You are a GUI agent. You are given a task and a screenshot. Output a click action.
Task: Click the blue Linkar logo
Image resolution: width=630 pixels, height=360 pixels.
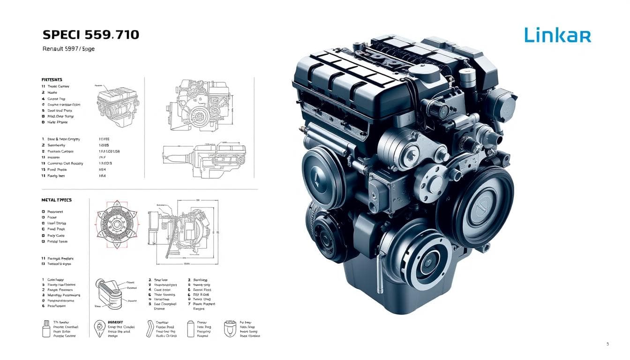tap(557, 36)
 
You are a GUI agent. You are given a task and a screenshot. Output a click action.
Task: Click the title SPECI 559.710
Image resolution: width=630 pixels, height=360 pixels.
tap(90, 35)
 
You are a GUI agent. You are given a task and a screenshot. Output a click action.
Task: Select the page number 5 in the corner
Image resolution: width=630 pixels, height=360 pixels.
tap(607, 344)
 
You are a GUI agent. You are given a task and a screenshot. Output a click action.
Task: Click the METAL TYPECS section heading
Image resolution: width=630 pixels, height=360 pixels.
tap(56, 200)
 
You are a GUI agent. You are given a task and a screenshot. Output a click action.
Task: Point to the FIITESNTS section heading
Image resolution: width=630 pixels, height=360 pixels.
tap(52, 80)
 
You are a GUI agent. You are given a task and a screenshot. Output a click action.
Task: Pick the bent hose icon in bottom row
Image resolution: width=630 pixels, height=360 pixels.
tap(150, 328)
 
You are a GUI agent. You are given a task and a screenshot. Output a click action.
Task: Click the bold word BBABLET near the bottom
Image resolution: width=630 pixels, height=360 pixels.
tap(115, 322)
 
